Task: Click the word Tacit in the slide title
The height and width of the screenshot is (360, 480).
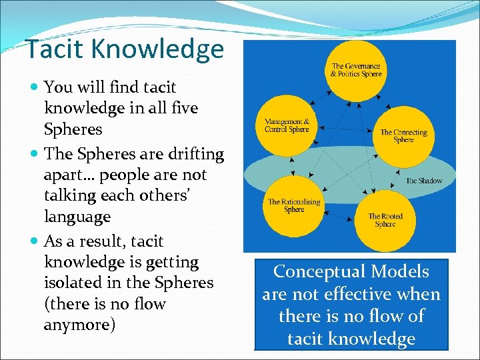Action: coord(55,49)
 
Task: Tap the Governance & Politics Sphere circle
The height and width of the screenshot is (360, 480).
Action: coord(356,71)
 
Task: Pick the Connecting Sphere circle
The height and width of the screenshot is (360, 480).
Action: coord(403,136)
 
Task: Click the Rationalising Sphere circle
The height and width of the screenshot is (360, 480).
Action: coord(294,205)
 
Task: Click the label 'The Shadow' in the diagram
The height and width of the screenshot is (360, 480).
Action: coord(424,181)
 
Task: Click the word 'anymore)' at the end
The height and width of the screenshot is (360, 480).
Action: coord(79,325)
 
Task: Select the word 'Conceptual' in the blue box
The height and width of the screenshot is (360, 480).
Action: coord(315,272)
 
